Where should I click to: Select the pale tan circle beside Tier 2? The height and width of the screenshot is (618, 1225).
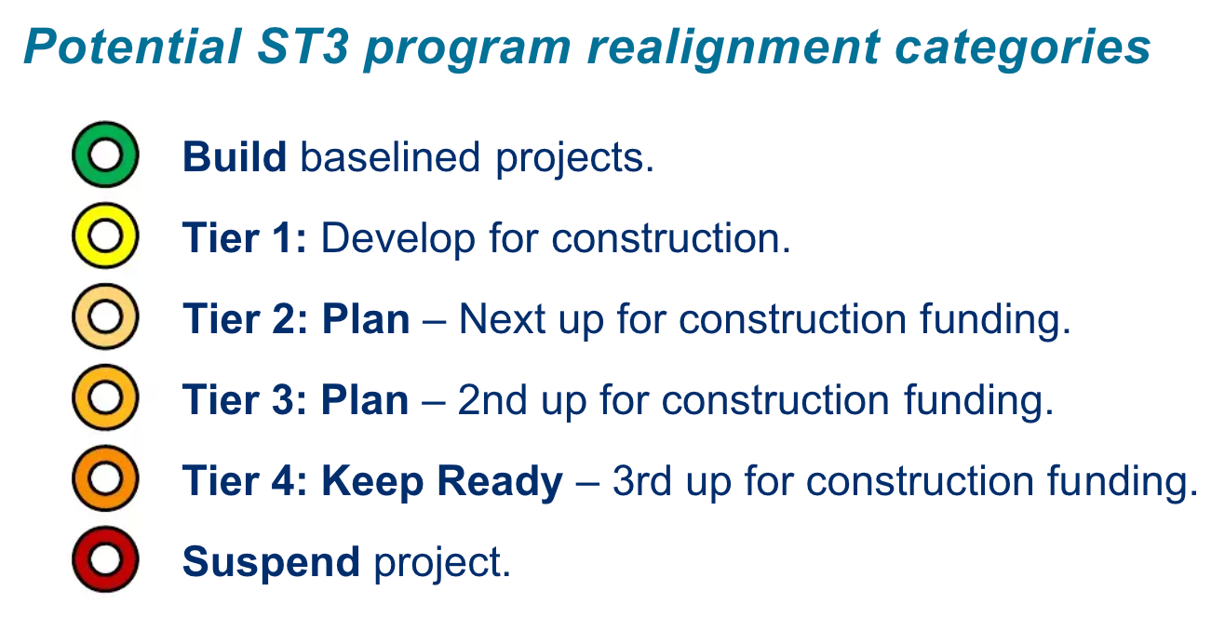(x=105, y=317)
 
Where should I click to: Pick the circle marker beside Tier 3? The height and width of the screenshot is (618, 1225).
(x=105, y=399)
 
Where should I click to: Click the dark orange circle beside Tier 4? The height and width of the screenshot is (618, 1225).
(x=105, y=480)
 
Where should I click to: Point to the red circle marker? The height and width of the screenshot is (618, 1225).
(x=105, y=561)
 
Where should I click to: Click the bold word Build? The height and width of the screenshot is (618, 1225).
(x=235, y=156)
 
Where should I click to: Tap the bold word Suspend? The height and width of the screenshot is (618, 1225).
(x=271, y=562)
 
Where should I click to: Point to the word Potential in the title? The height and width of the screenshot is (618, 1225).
(x=131, y=46)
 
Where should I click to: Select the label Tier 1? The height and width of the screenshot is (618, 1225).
(x=244, y=238)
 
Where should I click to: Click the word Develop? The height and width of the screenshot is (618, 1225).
(x=397, y=238)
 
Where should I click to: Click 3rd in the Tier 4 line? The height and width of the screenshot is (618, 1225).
(x=641, y=481)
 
